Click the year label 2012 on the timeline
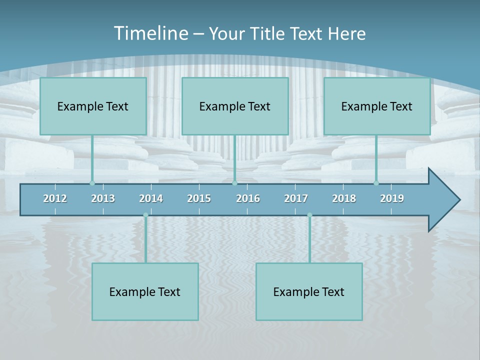tap(55, 198)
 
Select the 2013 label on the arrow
tap(103, 198)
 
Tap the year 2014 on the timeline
tap(151, 198)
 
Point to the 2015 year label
tap(199, 198)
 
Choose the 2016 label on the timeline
tap(248, 198)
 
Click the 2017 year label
tap(296, 198)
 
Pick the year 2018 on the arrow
tap(344, 198)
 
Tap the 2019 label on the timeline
tap(392, 198)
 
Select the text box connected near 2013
tap(93, 106)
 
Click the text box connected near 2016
tap(235, 106)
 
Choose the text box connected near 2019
tap(377, 106)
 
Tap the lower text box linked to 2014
tap(145, 291)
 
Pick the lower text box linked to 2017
tap(309, 291)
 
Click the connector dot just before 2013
tap(92, 183)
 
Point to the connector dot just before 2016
tap(234, 183)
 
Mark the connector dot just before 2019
tap(376, 183)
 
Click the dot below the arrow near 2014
tap(145, 215)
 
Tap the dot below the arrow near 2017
tap(309, 215)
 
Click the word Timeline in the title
tap(150, 33)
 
